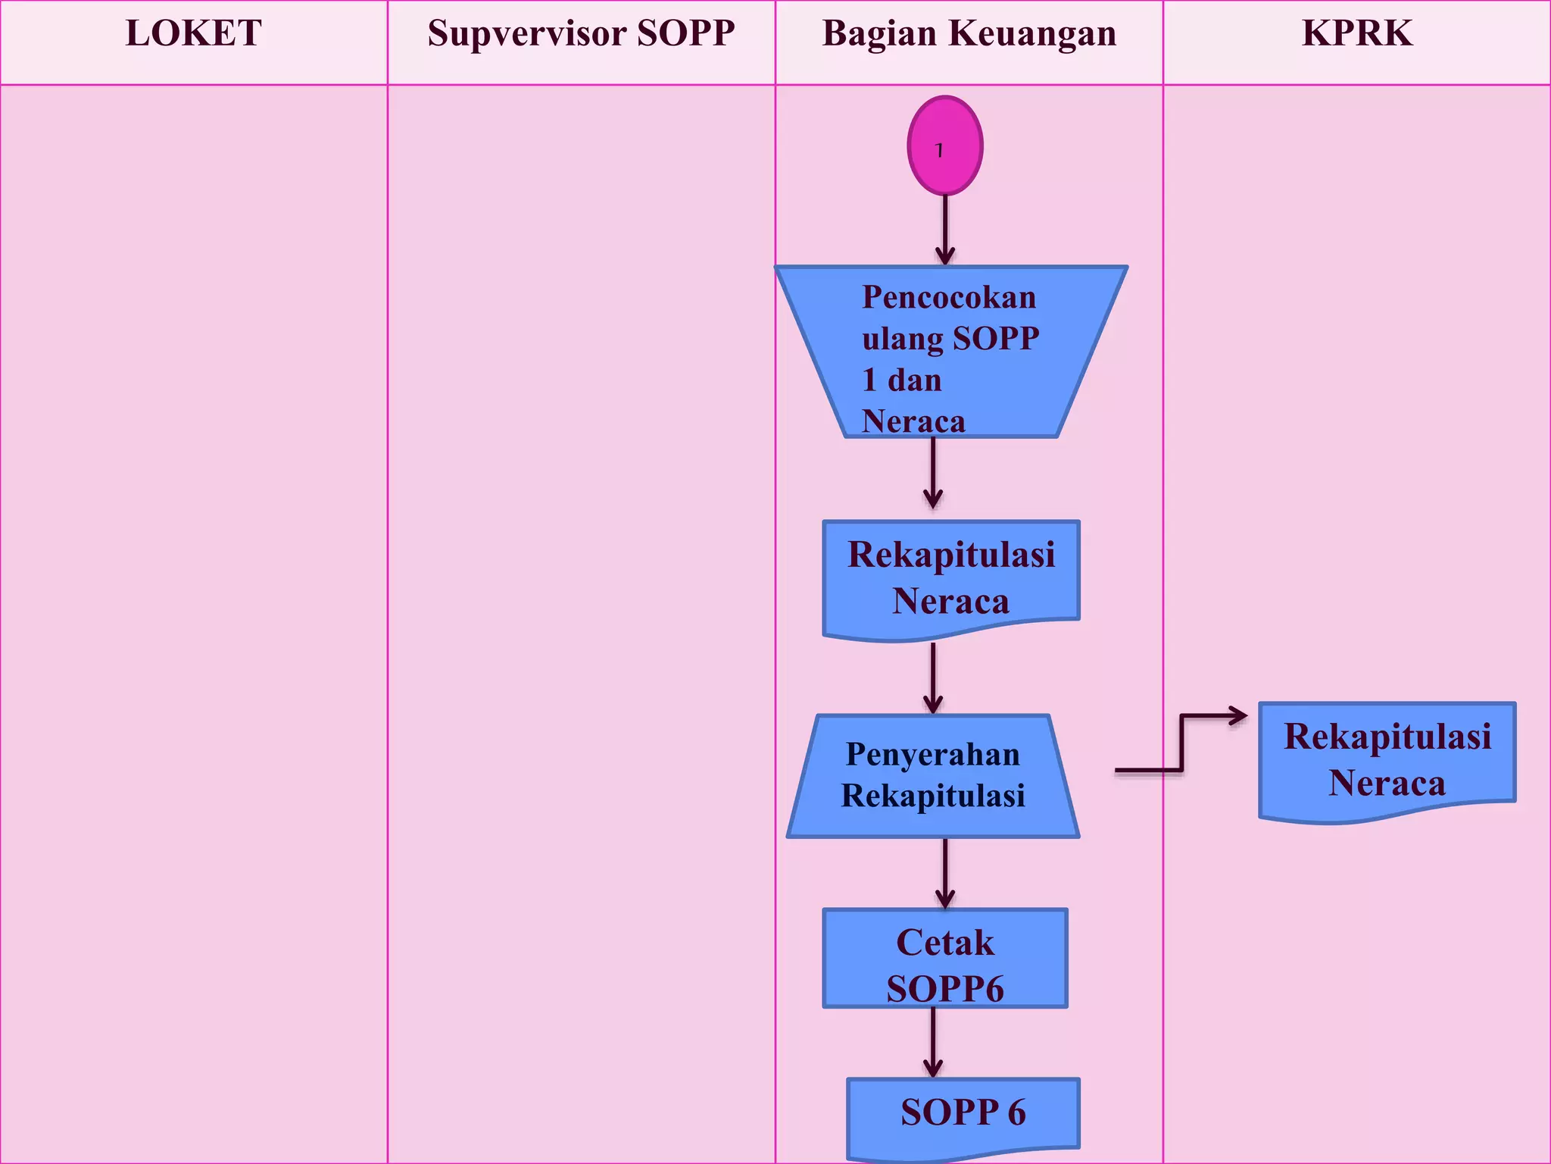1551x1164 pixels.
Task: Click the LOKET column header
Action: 194,34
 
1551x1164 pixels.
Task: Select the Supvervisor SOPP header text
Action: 581,34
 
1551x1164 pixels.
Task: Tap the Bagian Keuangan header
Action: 969,34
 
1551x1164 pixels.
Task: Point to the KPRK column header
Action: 1357,34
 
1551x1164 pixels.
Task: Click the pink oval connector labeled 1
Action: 945,145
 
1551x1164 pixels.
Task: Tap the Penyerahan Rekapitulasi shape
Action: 933,775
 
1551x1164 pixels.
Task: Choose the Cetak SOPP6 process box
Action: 945,959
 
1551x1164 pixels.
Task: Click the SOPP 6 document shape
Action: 963,1114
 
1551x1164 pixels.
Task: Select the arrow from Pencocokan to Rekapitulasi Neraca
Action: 933,474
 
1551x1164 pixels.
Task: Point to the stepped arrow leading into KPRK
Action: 1181,743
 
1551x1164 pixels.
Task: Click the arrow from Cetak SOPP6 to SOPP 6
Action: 933,1042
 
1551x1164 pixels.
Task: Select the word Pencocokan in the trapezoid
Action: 949,297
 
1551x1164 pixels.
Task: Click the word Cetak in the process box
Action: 945,943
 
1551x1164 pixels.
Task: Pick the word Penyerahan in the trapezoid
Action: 933,755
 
